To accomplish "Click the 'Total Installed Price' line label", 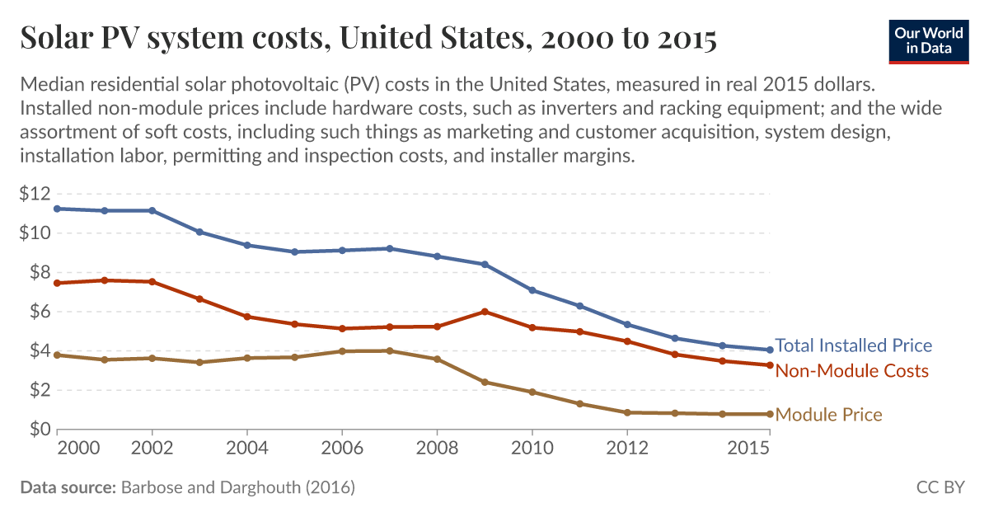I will pyautogui.click(x=853, y=345).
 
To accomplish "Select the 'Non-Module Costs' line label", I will pyautogui.click(x=851, y=371).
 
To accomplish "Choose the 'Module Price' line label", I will pyautogui.click(x=828, y=415).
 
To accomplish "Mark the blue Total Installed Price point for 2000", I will pyautogui.click(x=57, y=209).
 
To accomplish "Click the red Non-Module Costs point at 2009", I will pyautogui.click(x=485, y=312).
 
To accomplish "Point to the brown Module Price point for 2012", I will pyautogui.click(x=627, y=412).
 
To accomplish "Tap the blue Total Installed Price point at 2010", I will pyautogui.click(x=532, y=290).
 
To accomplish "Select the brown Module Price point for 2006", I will pyautogui.click(x=342, y=351).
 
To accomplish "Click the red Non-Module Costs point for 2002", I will pyautogui.click(x=152, y=282).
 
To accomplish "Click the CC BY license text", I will pyautogui.click(x=940, y=487).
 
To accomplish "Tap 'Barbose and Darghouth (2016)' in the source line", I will pyautogui.click(x=238, y=487).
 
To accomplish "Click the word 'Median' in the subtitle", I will pyautogui.click(x=49, y=85).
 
